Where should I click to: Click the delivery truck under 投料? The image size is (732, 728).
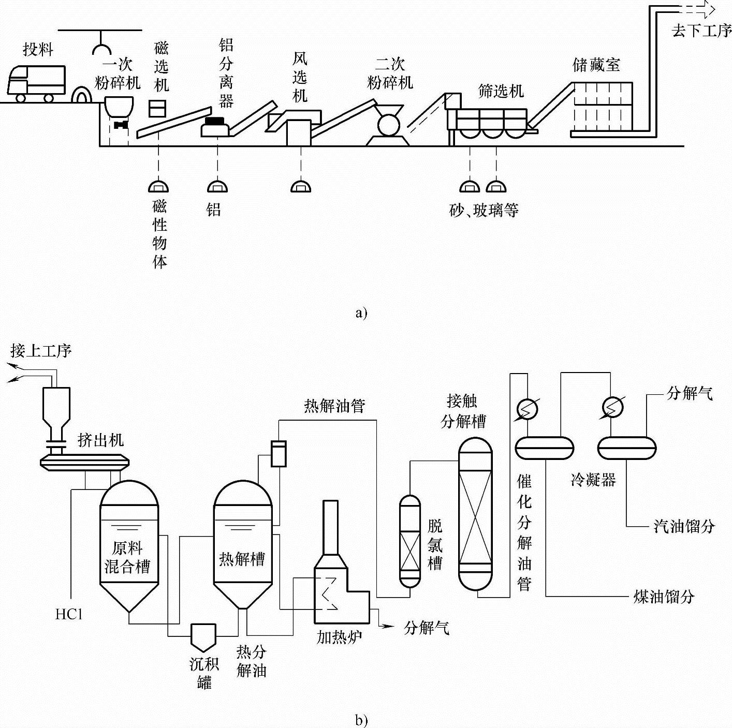pos(36,83)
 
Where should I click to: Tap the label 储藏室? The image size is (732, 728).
pos(596,65)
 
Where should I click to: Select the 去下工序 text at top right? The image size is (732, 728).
pos(701,31)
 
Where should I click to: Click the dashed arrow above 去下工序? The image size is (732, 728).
pos(696,9)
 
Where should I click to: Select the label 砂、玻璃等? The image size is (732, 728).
pos(484,210)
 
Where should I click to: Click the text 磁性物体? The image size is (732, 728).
pos(160,234)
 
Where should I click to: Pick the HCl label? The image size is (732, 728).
pos(69,614)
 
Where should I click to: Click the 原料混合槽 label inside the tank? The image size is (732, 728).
pos(127,557)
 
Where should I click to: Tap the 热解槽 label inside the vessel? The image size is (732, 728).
pos(242,559)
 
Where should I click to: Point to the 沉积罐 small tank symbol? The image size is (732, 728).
pos(203,636)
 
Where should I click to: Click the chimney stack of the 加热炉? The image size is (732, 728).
pos(330,528)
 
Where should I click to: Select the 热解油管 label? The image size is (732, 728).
pos(334,406)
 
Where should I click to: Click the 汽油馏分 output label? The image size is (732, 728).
pos(683,527)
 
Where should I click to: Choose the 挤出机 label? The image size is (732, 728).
pos(100,440)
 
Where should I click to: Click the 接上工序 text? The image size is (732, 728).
pos(41,351)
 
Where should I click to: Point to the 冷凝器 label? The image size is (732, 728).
pos(593,480)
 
